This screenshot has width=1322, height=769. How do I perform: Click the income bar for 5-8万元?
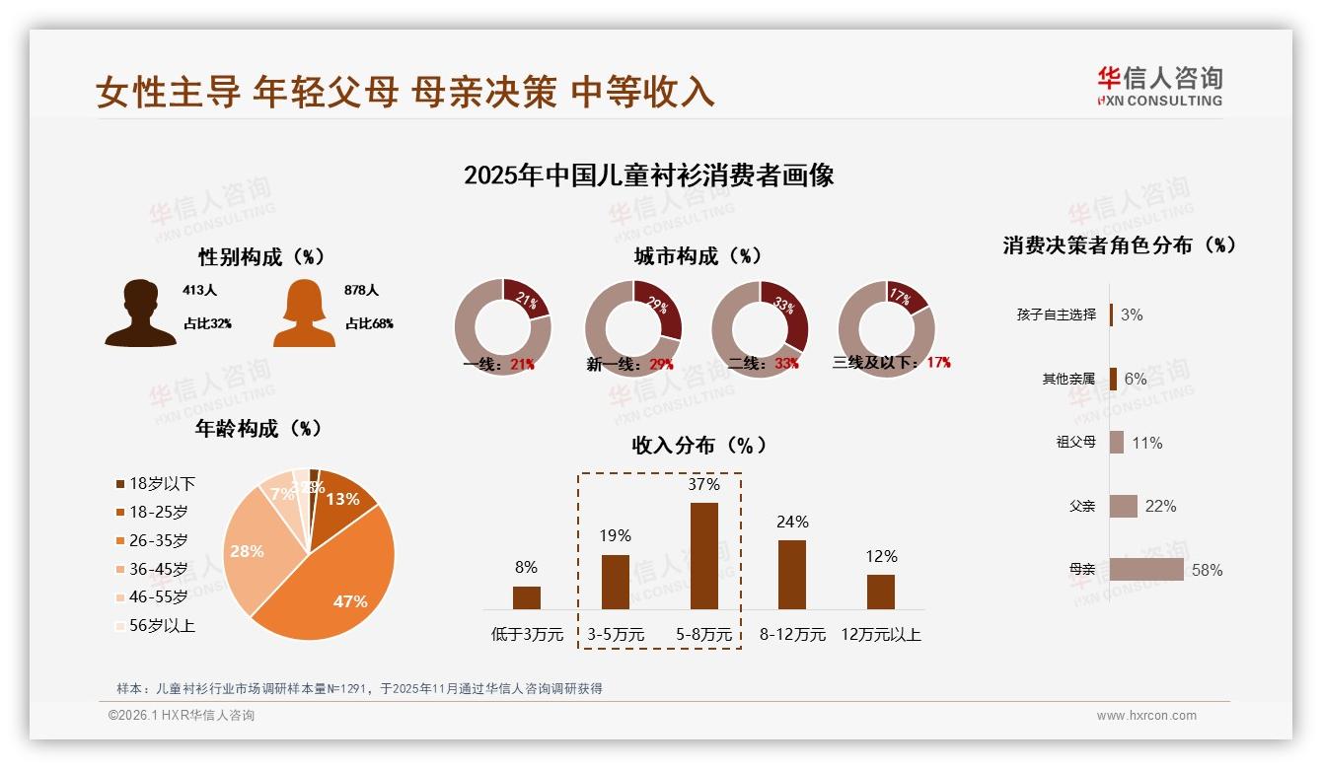point(703,556)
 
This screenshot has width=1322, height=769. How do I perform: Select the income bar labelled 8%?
point(527,597)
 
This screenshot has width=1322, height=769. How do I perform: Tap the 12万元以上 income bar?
point(881,592)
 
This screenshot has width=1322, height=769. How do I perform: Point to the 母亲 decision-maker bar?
point(1146,570)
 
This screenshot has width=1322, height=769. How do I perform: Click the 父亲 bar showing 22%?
point(1124,506)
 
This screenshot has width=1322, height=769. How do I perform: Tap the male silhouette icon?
point(141,313)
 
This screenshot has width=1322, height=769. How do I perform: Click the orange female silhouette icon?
point(304,314)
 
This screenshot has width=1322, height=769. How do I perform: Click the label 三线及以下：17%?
point(892,363)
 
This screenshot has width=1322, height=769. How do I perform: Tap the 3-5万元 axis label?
point(616,634)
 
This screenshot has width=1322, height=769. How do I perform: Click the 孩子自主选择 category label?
point(1056,315)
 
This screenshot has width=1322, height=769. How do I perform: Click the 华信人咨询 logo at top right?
point(1159,87)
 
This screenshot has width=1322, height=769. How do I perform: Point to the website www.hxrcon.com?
point(1146,716)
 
